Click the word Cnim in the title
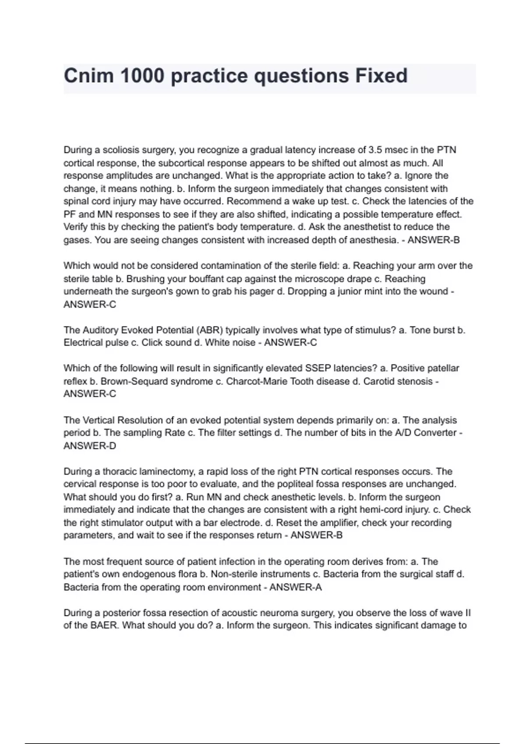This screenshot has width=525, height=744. (89, 76)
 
